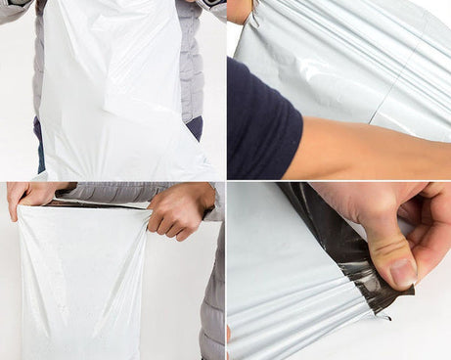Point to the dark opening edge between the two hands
[98, 203]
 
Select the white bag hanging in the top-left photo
[117, 88]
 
